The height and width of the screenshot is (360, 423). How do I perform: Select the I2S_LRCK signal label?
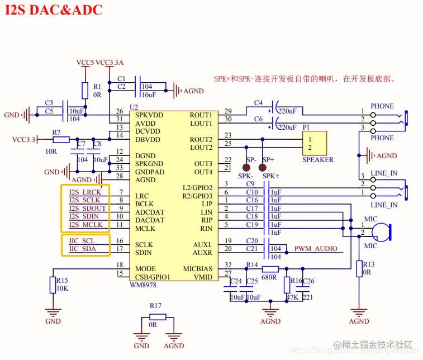[x=85, y=192]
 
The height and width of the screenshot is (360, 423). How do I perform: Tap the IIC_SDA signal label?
[x=82, y=249]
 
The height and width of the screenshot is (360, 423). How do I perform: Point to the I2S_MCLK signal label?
[x=85, y=225]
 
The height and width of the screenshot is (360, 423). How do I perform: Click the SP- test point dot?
[x=246, y=167]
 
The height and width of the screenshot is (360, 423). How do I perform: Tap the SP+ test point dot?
[x=262, y=167]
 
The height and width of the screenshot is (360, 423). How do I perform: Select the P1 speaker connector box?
[x=313, y=143]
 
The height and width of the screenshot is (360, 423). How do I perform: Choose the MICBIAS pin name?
[x=198, y=269]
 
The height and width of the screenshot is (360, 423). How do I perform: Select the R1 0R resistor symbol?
[x=85, y=90]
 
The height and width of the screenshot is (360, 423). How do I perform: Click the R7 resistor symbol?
[x=61, y=139]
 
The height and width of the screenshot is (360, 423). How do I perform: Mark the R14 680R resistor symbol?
[x=270, y=269]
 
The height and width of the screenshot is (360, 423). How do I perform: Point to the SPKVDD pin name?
[x=148, y=115]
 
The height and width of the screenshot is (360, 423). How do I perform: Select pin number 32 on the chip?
[x=227, y=265]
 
